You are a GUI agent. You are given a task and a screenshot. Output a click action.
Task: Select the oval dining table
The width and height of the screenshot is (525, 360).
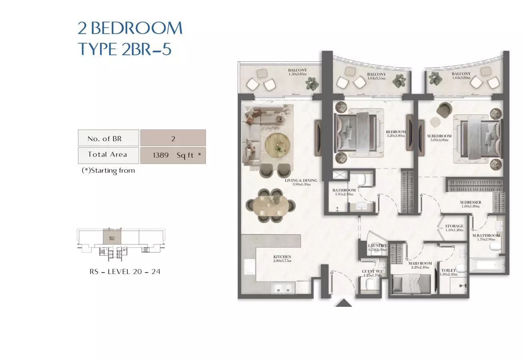click(x=271, y=206)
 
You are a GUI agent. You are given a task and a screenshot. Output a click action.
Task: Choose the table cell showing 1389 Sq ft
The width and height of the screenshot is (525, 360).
click(x=173, y=156)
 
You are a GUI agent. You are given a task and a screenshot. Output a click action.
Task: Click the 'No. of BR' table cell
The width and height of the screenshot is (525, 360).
click(x=108, y=138)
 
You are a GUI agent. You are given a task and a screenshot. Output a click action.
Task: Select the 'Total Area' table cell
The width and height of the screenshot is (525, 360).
click(x=108, y=155)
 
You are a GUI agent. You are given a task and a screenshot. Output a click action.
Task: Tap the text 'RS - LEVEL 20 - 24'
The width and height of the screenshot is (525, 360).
click(x=125, y=272)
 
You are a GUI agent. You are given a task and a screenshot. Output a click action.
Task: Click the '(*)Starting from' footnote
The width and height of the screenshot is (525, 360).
click(x=108, y=171)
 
